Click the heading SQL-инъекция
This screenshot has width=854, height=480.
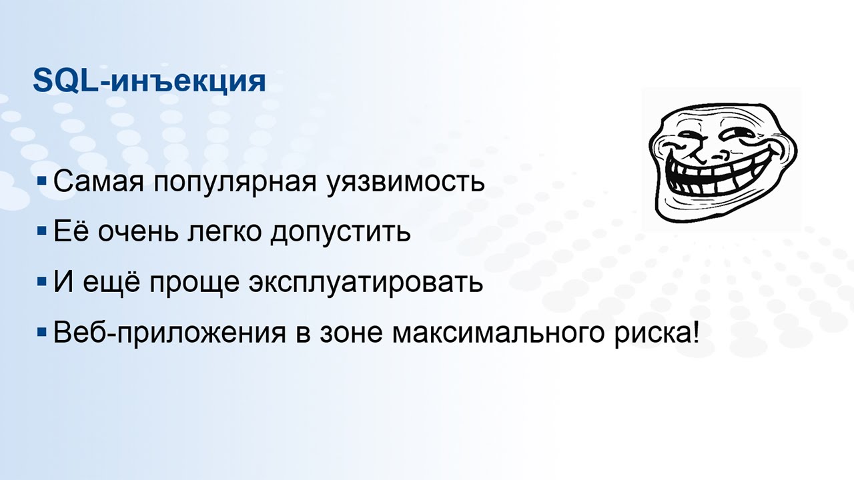[x=149, y=82]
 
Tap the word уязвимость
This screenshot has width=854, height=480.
[x=406, y=182]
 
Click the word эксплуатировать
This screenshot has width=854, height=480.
[x=366, y=283]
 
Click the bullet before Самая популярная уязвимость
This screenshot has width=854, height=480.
[x=42, y=180]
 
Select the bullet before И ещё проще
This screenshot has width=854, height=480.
[x=42, y=281]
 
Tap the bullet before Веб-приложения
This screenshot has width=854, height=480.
[x=42, y=331]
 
